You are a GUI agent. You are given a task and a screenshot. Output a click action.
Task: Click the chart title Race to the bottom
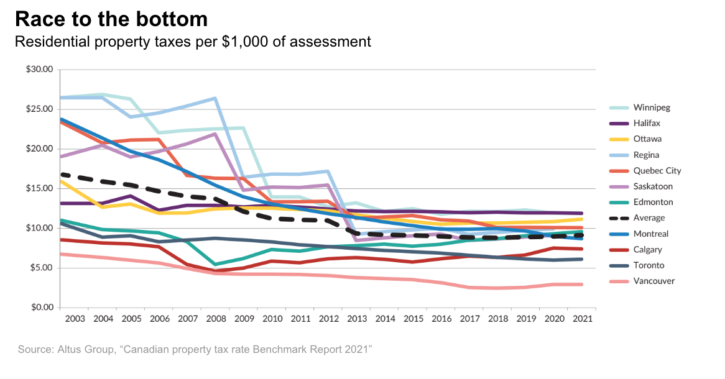(x=111, y=19)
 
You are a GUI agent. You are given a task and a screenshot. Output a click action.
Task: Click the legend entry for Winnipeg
(x=652, y=107)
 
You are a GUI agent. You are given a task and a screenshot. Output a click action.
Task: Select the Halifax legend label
(x=647, y=124)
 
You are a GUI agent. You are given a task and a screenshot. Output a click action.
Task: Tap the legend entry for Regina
(x=647, y=155)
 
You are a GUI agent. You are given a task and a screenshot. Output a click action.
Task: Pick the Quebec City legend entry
(x=657, y=171)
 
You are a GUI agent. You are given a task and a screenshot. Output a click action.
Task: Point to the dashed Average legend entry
(x=649, y=218)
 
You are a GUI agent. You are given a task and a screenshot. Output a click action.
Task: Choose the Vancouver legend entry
(x=654, y=281)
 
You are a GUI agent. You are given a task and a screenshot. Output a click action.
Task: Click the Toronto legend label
(x=649, y=265)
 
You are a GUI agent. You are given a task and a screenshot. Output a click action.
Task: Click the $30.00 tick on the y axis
(x=40, y=70)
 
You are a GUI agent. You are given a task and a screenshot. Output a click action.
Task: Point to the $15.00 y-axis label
(x=40, y=188)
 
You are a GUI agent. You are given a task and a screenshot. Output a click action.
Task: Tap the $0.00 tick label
(x=42, y=308)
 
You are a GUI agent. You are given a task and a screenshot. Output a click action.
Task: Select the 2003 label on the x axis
(x=75, y=319)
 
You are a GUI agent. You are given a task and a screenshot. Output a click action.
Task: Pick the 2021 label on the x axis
(x=582, y=319)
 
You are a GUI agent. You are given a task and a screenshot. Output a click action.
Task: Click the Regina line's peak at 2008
(x=215, y=98)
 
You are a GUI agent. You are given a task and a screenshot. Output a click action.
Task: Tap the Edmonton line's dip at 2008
(x=215, y=265)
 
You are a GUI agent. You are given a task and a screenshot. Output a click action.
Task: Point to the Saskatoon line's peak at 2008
(x=215, y=134)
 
